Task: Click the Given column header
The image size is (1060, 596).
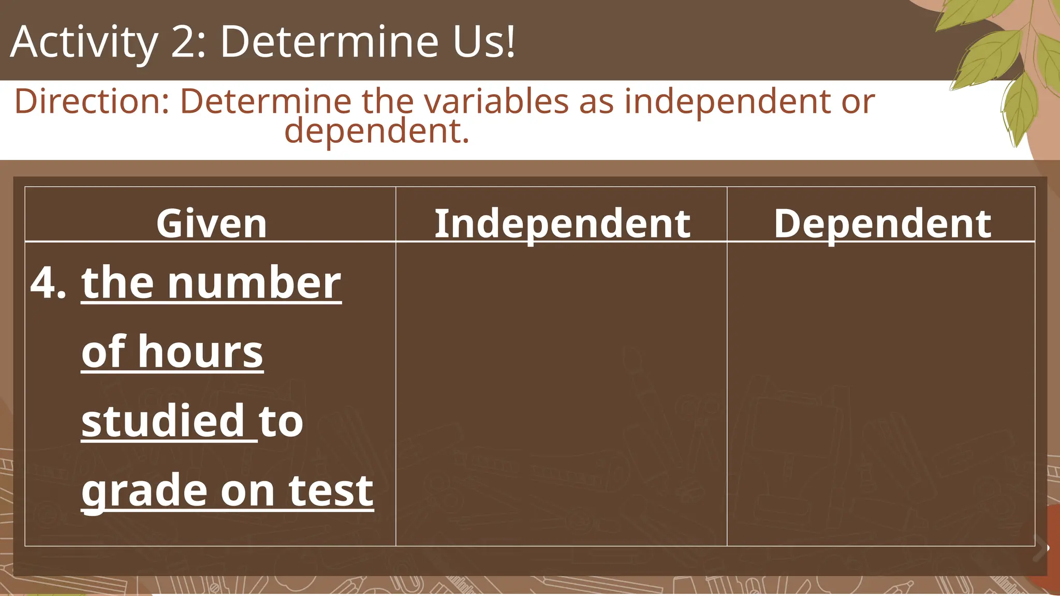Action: (x=211, y=224)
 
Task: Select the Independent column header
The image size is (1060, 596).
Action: (x=562, y=224)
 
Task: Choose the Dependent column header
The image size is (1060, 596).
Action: (x=882, y=224)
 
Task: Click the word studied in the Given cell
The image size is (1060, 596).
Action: (x=163, y=421)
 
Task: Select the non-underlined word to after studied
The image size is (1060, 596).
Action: (x=281, y=421)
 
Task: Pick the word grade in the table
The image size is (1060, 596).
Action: (x=144, y=490)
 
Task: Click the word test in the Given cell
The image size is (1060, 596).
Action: (x=331, y=490)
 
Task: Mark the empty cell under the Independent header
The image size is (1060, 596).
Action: (x=562, y=393)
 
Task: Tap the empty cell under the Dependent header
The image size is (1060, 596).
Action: (x=881, y=393)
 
